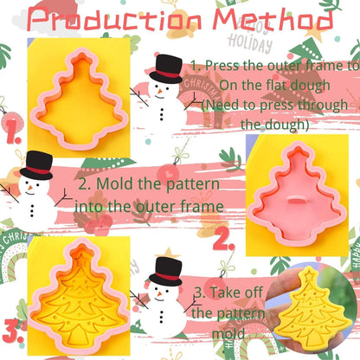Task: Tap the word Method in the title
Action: [273, 20]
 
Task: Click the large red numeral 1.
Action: [13, 132]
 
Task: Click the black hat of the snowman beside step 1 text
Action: [166, 69]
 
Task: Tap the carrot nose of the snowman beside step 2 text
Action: [29, 189]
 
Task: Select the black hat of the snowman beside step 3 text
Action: [166, 271]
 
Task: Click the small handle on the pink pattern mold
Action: [297, 199]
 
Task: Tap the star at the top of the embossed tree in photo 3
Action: [80, 257]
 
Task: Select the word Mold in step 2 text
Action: [115, 183]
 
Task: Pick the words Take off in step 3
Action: [236, 292]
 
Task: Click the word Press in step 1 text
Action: [222, 66]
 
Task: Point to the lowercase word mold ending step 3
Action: [228, 333]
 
